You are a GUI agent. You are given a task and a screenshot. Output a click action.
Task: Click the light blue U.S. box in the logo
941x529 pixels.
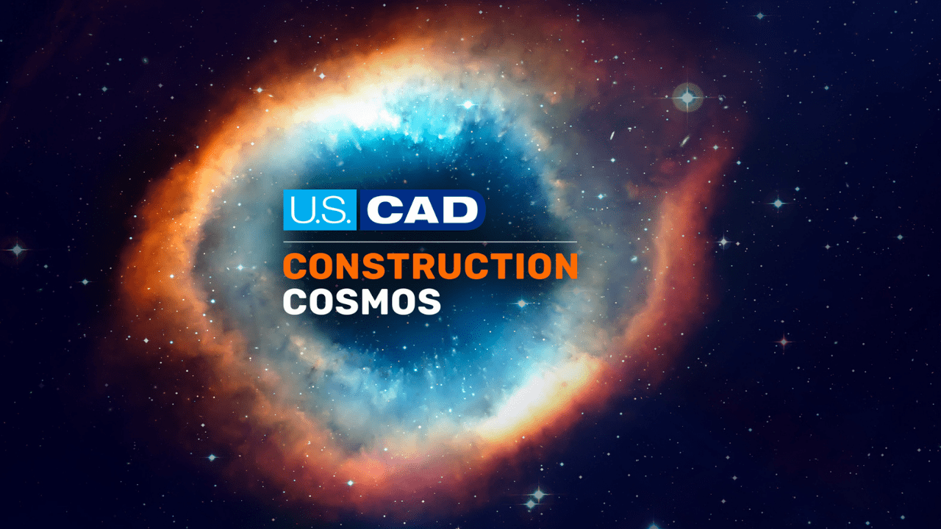point(320,210)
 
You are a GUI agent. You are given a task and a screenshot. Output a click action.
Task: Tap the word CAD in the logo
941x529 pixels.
point(422,210)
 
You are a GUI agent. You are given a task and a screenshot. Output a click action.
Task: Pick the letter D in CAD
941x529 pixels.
point(460,210)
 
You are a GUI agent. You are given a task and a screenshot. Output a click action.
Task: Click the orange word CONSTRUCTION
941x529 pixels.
point(431,266)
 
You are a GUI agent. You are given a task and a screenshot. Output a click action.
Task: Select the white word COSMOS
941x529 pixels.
point(362,301)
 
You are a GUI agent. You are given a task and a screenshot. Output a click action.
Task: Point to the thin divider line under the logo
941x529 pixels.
point(431,242)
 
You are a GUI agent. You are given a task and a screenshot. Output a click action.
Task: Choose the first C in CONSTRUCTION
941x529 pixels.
point(296,266)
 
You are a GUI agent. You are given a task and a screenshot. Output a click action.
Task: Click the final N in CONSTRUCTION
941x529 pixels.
point(566,266)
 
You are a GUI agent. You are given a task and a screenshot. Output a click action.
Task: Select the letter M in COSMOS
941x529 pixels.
point(375,301)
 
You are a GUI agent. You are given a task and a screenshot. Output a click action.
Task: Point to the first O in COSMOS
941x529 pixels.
point(323,301)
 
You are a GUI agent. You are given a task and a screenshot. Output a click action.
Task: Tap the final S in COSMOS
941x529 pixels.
point(429,301)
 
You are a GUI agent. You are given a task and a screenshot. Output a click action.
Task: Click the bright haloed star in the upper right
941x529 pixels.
point(687,98)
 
